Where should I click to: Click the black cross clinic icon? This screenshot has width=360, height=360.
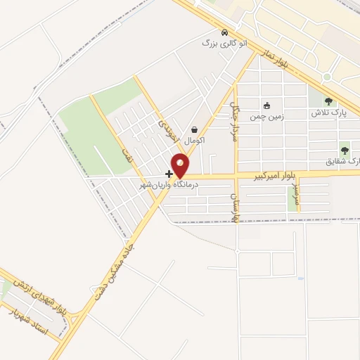[x=169, y=173]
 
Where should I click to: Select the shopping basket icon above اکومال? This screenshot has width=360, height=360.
[x=195, y=129]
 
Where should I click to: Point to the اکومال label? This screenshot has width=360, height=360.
[x=195, y=139]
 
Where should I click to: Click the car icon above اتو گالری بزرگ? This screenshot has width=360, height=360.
[x=224, y=32]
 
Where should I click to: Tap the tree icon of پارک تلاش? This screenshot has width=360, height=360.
[x=328, y=101]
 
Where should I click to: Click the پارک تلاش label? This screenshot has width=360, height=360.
[x=328, y=112]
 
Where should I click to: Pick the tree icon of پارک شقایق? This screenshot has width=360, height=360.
[x=345, y=150]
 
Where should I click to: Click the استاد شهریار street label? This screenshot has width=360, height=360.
[x=30, y=322]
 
